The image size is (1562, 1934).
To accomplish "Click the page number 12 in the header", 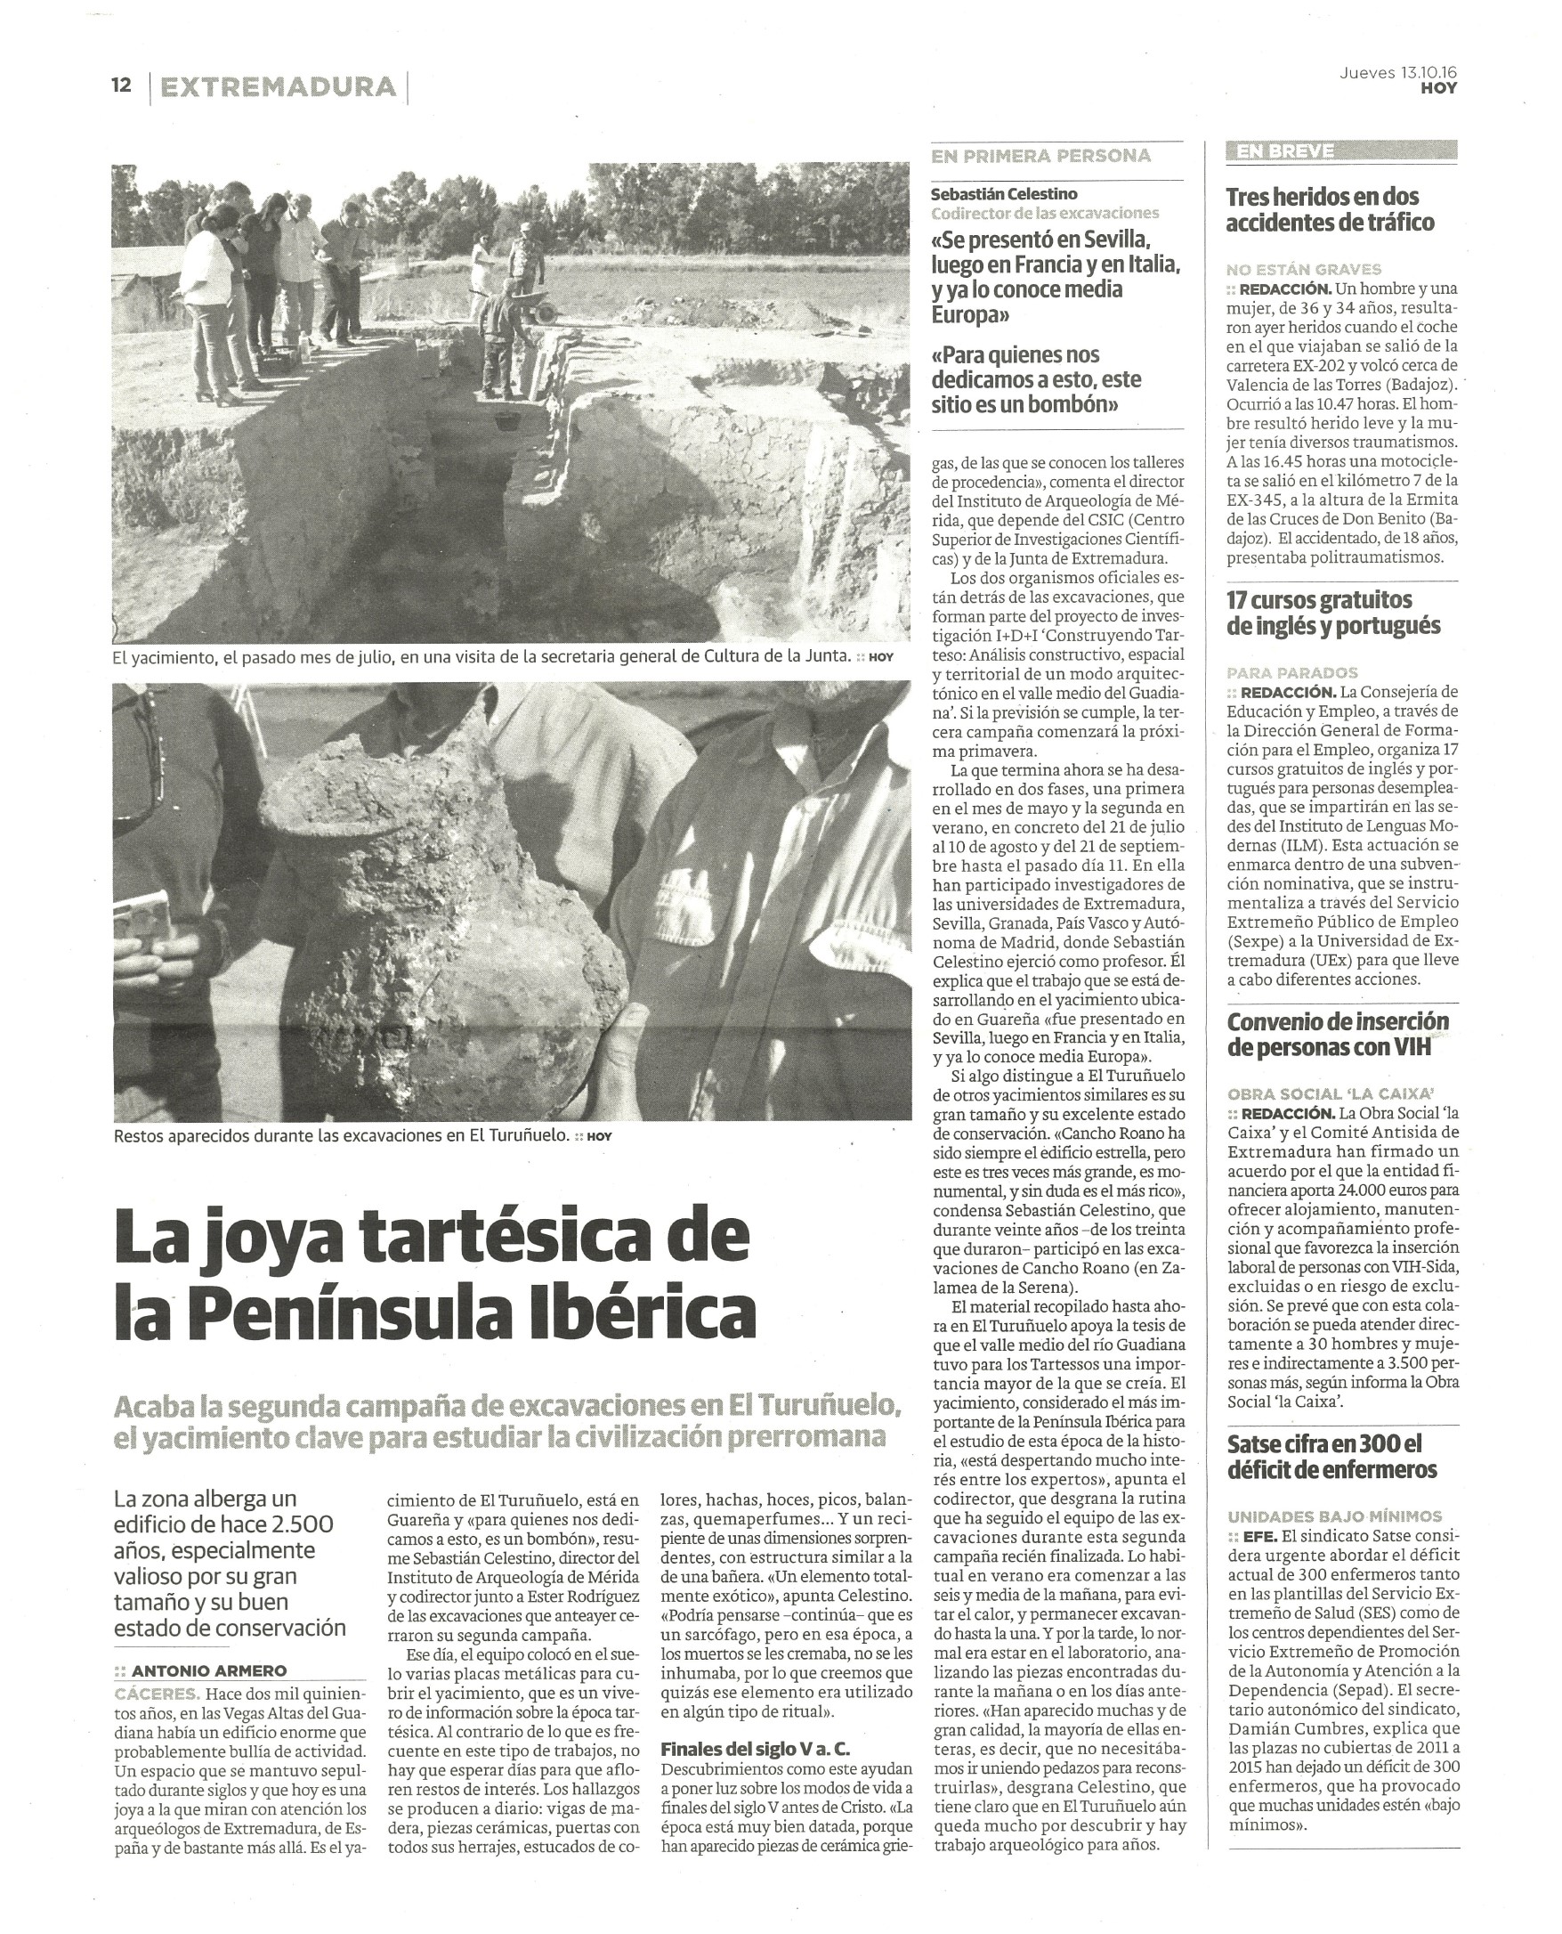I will [121, 85].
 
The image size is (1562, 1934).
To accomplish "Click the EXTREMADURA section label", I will [278, 87].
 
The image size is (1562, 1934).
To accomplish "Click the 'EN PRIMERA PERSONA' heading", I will [1041, 156].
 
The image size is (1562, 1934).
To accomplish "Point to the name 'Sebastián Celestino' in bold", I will [1003, 193].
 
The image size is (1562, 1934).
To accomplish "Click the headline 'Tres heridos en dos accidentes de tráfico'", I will [1330, 208].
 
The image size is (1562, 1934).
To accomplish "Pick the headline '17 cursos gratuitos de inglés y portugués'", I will [1333, 612].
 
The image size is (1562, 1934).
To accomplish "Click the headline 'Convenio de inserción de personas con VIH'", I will [1338, 1035].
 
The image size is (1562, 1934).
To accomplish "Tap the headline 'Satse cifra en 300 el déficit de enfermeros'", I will [1331, 1456].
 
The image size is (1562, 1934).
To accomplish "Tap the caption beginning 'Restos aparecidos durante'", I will [342, 1136].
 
